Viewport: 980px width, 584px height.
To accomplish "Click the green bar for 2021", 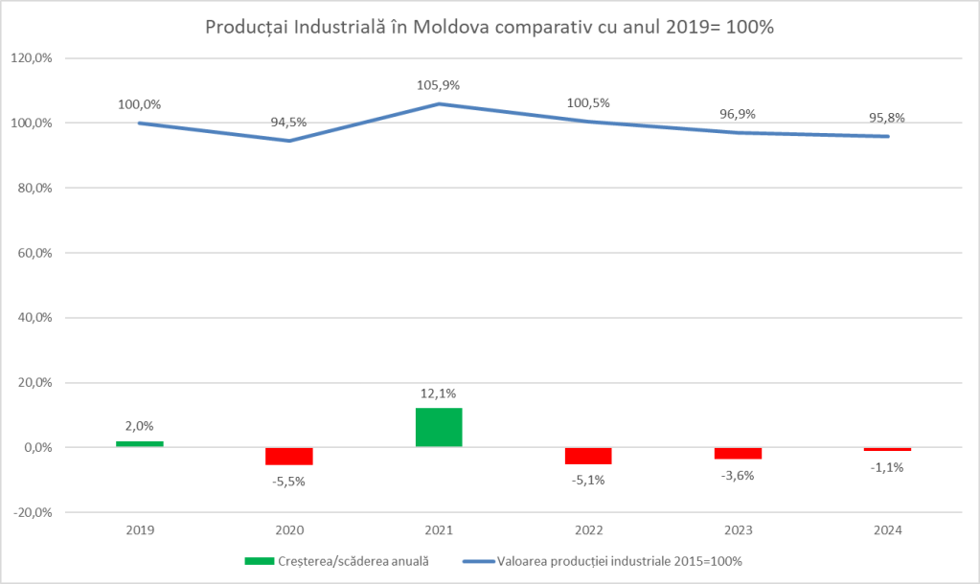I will point(439,427).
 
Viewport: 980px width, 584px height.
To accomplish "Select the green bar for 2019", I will point(140,443).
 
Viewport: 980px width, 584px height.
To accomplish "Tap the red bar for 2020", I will point(289,456).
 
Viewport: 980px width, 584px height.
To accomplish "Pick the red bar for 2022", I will point(588,456).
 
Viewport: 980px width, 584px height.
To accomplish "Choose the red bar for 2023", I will point(738,453).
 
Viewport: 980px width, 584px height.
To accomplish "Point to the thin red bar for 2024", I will point(887,449).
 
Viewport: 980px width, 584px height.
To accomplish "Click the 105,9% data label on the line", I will point(439,85).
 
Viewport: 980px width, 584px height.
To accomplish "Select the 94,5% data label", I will point(289,123).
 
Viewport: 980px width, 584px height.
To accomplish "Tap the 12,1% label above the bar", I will point(439,393).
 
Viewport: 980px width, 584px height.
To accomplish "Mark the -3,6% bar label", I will point(738,475).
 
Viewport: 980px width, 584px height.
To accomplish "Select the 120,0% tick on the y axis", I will point(31,58).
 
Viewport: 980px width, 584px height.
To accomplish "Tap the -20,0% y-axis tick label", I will point(31,512).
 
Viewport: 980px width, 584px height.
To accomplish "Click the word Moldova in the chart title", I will point(449,27).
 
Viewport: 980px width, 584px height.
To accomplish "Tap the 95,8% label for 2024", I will point(887,119).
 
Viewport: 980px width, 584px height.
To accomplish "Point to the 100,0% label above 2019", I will point(140,104).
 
